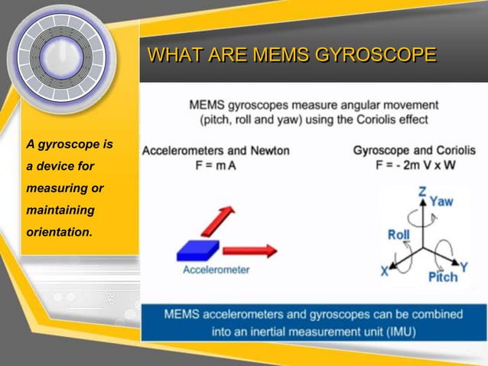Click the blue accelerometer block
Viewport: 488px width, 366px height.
pos(198,250)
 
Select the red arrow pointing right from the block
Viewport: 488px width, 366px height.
pos(250,250)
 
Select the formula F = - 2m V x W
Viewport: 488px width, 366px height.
pos(414,165)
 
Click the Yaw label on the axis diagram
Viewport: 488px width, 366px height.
pos(441,201)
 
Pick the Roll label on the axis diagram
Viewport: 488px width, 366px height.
pos(398,235)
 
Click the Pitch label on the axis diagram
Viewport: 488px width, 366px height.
pos(442,276)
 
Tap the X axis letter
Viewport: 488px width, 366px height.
pos(385,270)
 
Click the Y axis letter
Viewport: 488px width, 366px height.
pos(464,266)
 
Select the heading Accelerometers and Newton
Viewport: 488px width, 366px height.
pos(216,151)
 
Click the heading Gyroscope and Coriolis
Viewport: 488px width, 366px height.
pos(414,151)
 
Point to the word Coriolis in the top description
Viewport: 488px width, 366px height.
pos(369,119)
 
